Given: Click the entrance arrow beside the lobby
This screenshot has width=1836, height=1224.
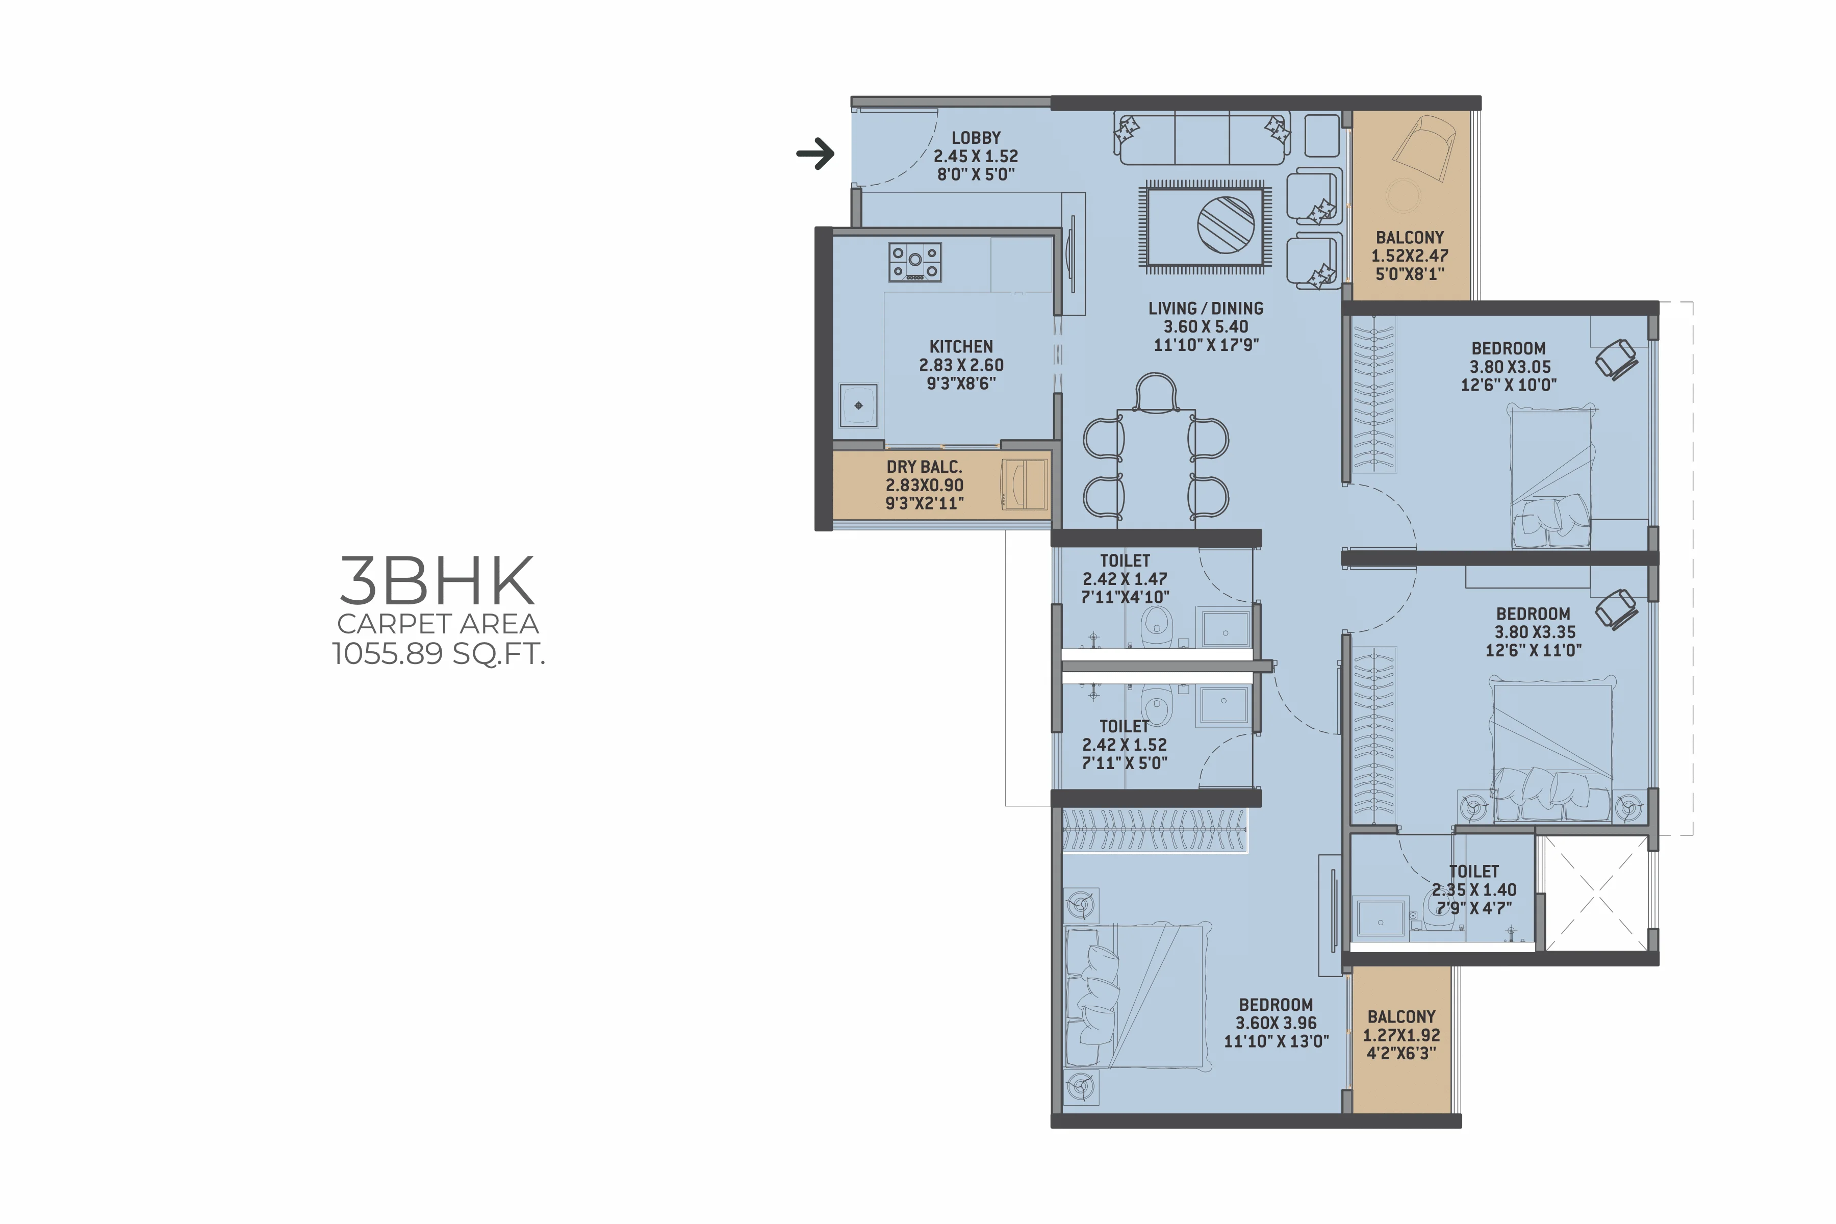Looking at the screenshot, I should (x=815, y=154).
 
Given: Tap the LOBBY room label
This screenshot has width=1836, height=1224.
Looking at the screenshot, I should (x=976, y=137).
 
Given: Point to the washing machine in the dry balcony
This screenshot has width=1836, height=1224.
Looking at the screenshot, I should (x=1024, y=485).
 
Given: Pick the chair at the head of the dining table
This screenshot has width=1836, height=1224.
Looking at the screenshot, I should (x=1156, y=393).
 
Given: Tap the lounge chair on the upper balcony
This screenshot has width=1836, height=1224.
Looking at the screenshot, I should (x=1424, y=149).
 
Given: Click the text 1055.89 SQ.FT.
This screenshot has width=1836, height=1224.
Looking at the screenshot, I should (x=438, y=653).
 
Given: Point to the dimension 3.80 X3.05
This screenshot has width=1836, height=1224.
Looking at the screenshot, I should (x=1510, y=367).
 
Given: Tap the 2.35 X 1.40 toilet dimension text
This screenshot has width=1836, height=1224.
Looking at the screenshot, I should (x=1474, y=890).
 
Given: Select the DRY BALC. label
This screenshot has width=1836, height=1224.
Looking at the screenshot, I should (x=924, y=467).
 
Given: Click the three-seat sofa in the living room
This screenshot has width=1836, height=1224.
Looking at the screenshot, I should (x=1202, y=138).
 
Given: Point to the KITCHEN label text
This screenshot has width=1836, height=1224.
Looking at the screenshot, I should (x=961, y=347).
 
